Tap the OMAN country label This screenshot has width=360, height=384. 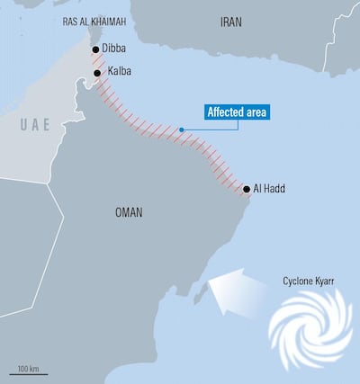129,213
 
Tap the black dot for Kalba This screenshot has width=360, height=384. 98,73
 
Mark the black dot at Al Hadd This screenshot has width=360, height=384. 247,189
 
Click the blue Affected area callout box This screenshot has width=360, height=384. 237,112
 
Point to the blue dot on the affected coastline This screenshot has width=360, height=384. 181,129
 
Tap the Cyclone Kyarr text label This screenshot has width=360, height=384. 308,281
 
